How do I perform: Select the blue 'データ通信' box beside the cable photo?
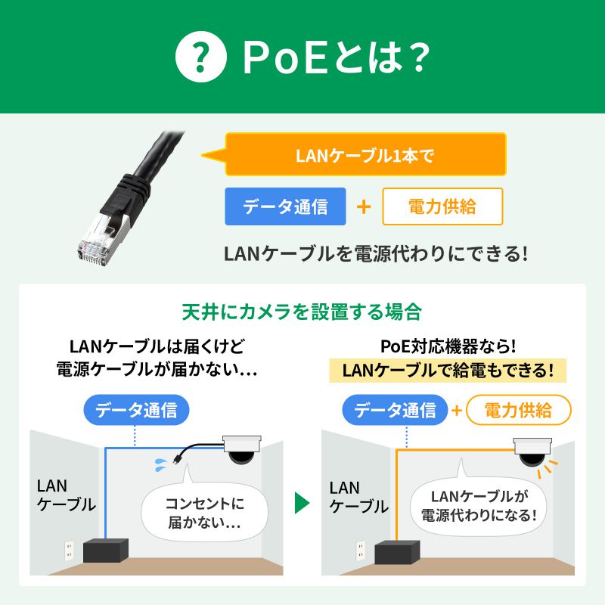click(x=285, y=206)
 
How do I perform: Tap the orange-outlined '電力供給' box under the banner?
click(x=442, y=206)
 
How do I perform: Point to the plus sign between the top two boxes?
click(x=364, y=206)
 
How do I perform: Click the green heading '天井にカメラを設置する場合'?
click(x=302, y=311)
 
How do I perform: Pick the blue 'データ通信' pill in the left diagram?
click(x=136, y=411)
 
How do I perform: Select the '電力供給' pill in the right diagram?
click(x=518, y=411)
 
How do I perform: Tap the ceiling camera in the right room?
click(x=533, y=451)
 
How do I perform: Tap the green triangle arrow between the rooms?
click(x=302, y=503)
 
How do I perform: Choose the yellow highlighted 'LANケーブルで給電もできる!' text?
click(x=448, y=371)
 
